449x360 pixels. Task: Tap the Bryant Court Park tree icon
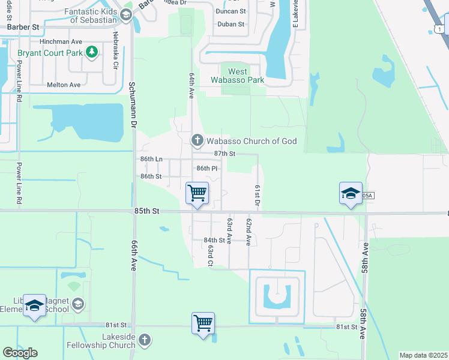pos(92,53)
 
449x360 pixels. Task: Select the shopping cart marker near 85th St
pos(197,194)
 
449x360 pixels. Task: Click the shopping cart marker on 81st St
pos(203,323)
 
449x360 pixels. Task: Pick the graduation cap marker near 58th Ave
pos(351,194)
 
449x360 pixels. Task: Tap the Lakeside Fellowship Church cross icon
pos(143,341)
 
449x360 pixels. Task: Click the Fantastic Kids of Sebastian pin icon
pos(126,16)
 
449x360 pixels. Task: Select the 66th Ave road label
pos(133,257)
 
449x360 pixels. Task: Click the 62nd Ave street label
pos(247,232)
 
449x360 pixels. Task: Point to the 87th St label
pos(224,154)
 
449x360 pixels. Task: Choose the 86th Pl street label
pos(206,169)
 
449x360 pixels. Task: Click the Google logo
pos(20,353)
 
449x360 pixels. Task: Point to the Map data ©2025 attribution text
pos(423,355)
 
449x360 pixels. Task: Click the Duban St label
pos(231,25)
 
